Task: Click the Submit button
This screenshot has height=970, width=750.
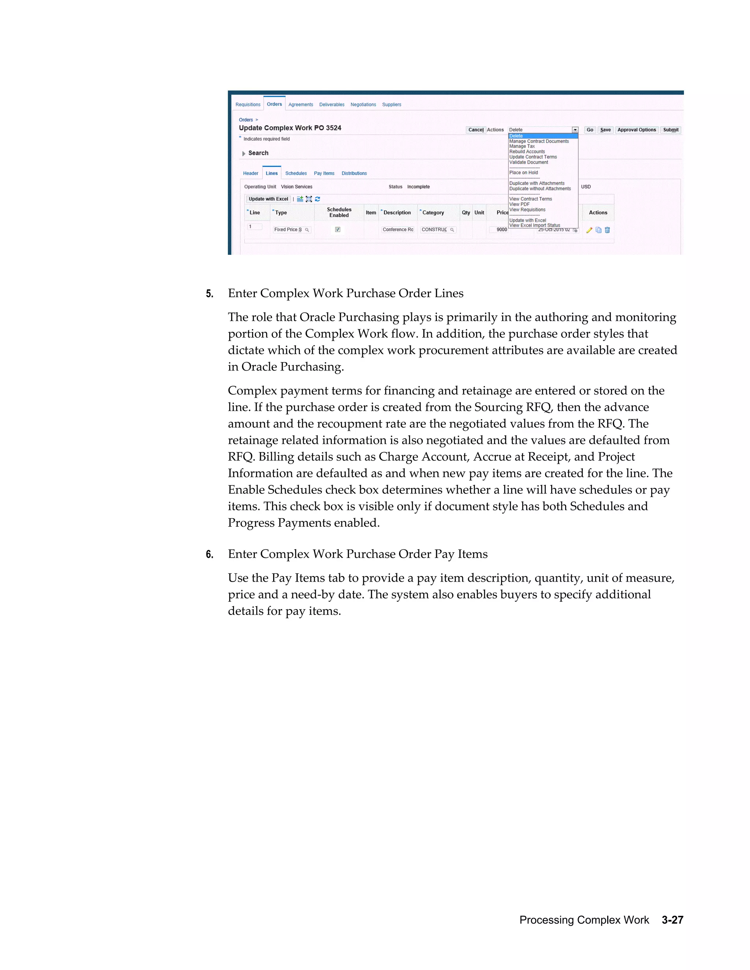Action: (670, 130)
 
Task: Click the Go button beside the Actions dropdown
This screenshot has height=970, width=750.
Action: (590, 130)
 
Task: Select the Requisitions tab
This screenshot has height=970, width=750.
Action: (248, 105)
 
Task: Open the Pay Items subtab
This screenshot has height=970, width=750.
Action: (324, 173)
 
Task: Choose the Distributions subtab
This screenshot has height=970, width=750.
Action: (354, 173)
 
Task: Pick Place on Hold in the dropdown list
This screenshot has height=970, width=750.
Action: (523, 173)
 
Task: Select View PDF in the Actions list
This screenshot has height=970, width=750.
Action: (519, 204)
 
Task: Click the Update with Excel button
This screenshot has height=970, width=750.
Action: (268, 199)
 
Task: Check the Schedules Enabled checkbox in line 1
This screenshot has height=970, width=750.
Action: (338, 230)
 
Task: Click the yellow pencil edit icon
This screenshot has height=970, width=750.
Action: (589, 230)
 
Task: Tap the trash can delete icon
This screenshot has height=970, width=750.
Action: (608, 230)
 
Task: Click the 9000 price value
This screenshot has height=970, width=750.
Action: (501, 230)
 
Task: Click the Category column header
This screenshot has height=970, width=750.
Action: (433, 213)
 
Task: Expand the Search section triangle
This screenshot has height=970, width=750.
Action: (244, 153)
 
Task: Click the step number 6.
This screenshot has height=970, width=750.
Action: (209, 554)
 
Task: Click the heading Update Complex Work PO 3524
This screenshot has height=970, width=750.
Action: (290, 128)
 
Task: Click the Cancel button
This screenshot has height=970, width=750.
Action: (475, 130)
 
